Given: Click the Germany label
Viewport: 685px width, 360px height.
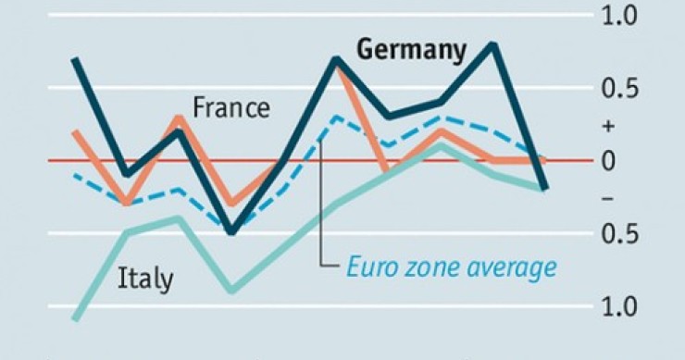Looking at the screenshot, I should [411, 51].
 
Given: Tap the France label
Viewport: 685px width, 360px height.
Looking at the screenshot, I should [231, 108].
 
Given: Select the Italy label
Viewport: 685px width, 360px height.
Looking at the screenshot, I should [145, 279].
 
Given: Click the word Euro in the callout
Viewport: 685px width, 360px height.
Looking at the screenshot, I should [370, 267].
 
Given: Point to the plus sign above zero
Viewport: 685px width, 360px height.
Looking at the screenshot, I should [633, 125].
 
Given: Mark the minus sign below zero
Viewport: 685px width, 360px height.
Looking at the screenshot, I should [633, 198].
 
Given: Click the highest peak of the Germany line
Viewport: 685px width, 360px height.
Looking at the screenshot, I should [492, 43].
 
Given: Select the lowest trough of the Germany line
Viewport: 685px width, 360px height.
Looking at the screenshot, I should [230, 232].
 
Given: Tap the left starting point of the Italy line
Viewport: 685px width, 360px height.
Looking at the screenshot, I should [75, 319].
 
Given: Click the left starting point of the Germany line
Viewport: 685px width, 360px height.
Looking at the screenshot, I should [75, 59].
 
